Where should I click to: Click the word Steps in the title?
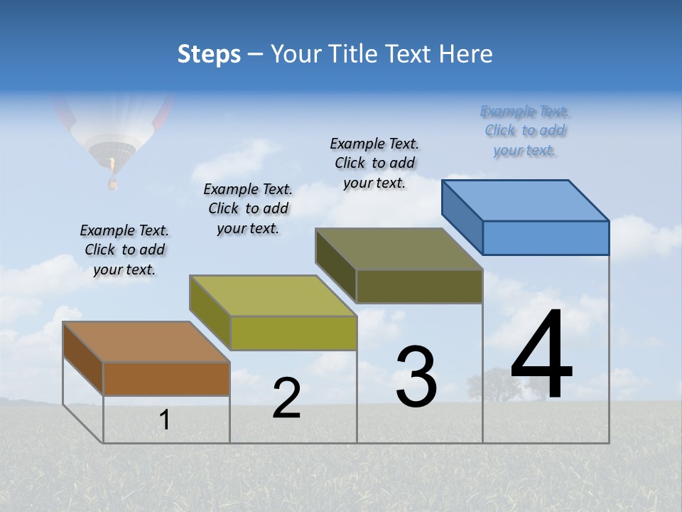(209, 54)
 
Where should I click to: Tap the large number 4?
(541, 356)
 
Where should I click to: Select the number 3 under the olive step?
(416, 377)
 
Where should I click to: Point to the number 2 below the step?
(286, 398)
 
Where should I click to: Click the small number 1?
(165, 420)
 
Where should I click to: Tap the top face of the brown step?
(146, 341)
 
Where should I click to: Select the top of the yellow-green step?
(273, 295)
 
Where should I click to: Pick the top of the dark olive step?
(399, 249)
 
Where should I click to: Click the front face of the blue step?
(546, 238)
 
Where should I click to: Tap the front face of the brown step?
(166, 378)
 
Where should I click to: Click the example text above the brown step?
(124, 250)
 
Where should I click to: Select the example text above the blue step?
(524, 131)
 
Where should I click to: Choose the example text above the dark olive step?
(374, 163)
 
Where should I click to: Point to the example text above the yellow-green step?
(248, 208)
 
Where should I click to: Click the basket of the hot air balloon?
(112, 184)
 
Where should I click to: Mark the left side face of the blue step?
(462, 217)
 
